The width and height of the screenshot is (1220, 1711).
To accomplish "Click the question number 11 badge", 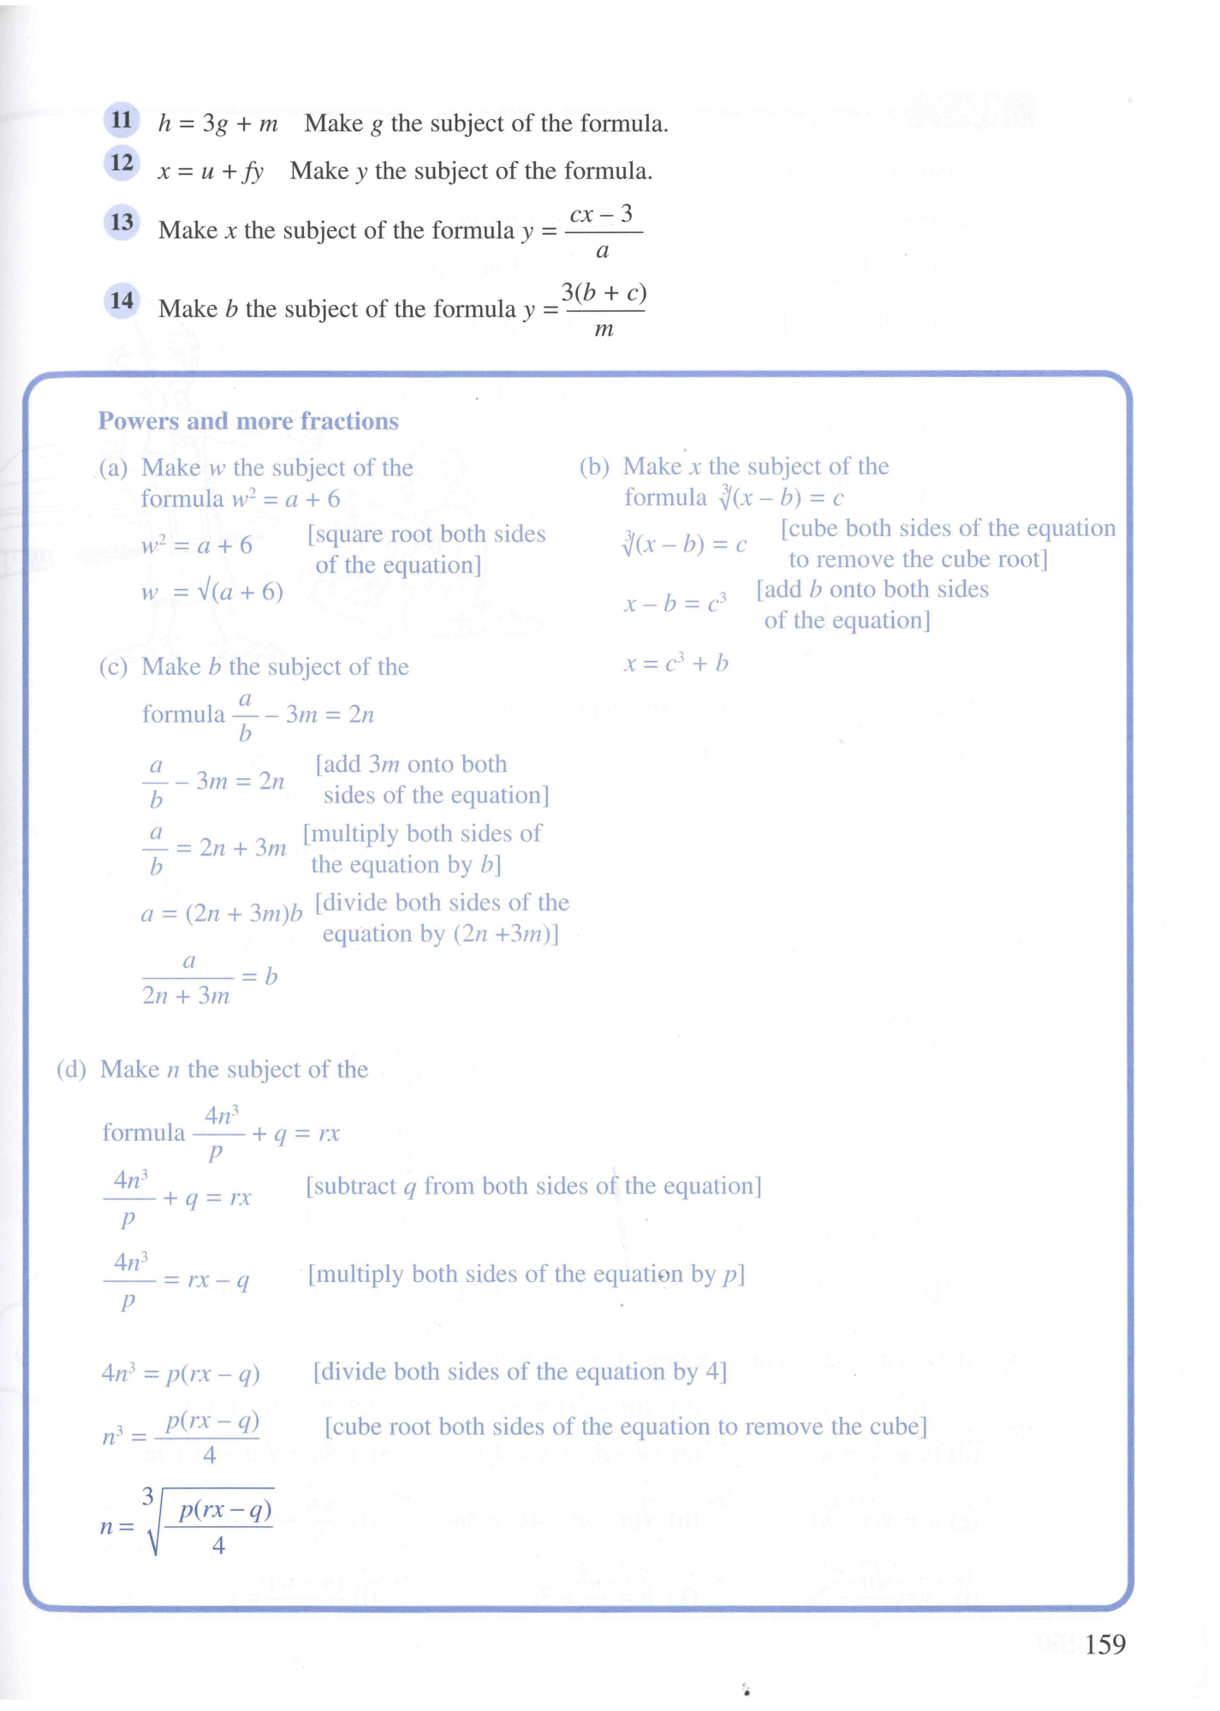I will pos(122,120).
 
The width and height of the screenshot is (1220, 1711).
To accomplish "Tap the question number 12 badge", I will pos(122,163).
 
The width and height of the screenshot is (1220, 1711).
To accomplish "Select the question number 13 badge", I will pos(122,223).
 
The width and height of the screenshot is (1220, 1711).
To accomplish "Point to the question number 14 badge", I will pos(122,301).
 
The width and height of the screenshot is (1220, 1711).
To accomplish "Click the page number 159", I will pos(1104,1644).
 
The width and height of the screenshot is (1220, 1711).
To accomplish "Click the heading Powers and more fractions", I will pos(248,421).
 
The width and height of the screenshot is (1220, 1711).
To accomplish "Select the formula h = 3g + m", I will pos(218,124).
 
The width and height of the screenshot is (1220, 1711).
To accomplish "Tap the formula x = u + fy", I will pos(211,171).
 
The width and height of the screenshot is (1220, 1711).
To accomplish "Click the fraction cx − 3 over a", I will pos(603,232).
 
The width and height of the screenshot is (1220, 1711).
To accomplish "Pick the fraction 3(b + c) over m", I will pos(604,310).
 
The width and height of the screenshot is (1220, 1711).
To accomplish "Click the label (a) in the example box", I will pos(113,468).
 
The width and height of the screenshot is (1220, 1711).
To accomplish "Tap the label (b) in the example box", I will pos(594,467).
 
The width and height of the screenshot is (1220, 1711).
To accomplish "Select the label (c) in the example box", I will pos(113,667).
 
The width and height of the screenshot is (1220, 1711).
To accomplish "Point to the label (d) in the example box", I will pos(72,1070).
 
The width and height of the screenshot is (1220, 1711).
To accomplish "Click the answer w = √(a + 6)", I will pos(212,592).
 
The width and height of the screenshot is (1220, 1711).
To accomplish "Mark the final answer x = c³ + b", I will pos(676,663).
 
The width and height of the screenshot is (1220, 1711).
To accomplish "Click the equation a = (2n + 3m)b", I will pos(222,914).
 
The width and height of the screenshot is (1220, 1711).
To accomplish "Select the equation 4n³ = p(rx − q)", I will pos(181,1374).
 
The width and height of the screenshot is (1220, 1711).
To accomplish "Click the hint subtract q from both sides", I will pos(533,1186).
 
